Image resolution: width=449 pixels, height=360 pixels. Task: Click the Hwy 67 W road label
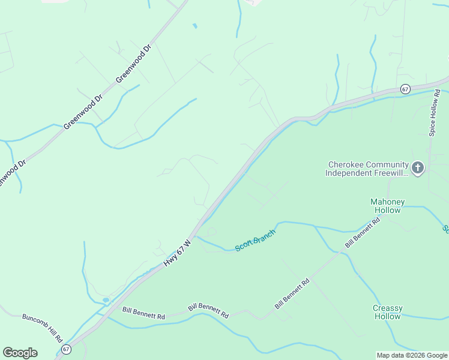(178, 254)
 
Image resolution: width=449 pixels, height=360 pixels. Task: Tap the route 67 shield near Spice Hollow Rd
(406, 89)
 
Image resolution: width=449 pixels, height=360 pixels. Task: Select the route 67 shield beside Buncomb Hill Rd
(65, 349)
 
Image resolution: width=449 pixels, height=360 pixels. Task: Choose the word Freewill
(391, 173)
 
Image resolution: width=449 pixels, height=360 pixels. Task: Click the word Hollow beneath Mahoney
(387, 211)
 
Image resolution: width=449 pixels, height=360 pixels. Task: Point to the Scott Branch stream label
(255, 240)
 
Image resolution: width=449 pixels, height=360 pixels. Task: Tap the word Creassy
(387, 308)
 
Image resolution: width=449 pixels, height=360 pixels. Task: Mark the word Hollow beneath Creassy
(387, 317)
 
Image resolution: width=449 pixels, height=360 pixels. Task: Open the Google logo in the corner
(20, 353)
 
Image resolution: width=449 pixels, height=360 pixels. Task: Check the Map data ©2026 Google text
(412, 355)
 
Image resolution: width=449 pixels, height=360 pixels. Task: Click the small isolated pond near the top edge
(194, 26)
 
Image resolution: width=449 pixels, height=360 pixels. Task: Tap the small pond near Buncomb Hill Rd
(106, 300)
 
